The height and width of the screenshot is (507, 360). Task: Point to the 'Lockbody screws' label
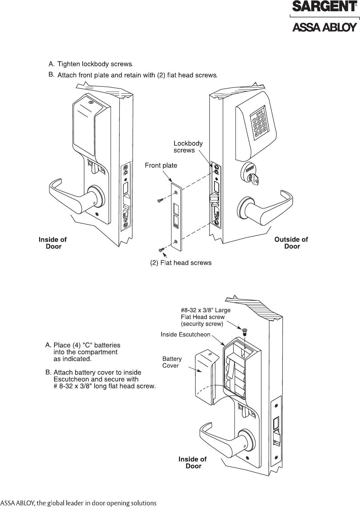pos(188,147)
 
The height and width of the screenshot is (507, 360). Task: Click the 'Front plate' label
pos(161,166)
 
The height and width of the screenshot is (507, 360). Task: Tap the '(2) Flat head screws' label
pos(181,263)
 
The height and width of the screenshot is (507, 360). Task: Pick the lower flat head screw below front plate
pos(161,250)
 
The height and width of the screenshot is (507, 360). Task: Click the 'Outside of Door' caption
pos(291,243)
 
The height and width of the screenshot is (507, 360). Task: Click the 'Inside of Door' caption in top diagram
pos(53,243)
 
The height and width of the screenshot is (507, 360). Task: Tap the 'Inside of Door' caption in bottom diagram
pos(193,462)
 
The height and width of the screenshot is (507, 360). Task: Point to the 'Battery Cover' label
pos(172,362)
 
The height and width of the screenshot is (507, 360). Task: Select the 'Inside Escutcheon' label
pos(185,334)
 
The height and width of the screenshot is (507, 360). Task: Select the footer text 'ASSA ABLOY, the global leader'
pos(78,503)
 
